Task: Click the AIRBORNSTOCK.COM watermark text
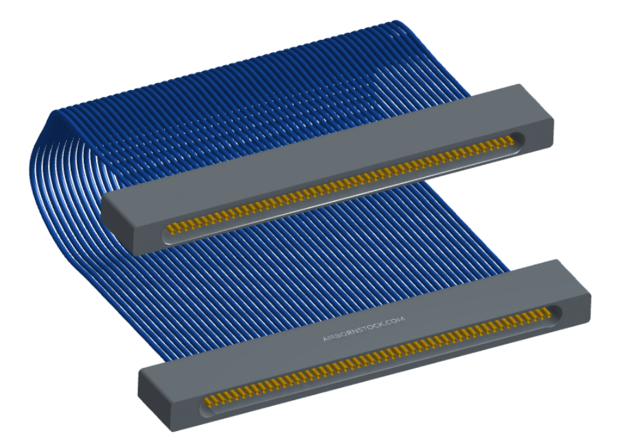coord(363,329)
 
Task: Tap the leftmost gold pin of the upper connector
coord(170,229)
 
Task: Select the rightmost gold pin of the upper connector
coord(512,139)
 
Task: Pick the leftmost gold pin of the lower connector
coord(207,401)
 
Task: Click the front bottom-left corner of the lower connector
coord(172,432)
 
